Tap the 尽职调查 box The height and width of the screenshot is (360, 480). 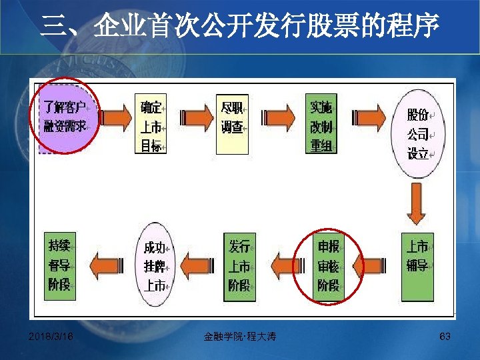[235, 117]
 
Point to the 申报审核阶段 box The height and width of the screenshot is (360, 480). [327, 266]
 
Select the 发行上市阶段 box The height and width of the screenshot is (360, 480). [239, 266]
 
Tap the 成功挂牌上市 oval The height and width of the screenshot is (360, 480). [155, 266]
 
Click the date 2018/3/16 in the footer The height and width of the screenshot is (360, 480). [51, 337]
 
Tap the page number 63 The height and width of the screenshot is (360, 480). [445, 337]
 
